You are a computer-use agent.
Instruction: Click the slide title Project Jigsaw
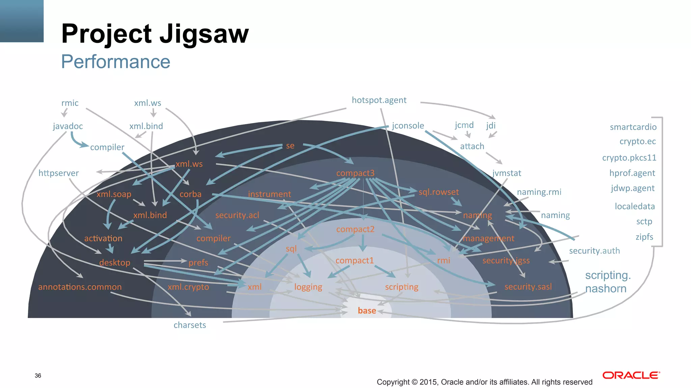(x=155, y=34)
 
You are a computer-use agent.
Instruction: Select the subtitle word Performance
(x=115, y=62)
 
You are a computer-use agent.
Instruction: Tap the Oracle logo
(x=631, y=375)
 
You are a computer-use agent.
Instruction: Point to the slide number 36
(x=38, y=376)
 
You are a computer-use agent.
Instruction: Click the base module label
(x=367, y=311)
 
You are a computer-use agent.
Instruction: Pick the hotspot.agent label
(x=379, y=100)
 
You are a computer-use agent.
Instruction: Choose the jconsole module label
(x=408, y=126)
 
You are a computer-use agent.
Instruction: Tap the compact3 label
(x=355, y=173)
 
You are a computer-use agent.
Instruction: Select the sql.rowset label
(x=438, y=192)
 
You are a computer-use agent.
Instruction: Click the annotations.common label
(x=80, y=287)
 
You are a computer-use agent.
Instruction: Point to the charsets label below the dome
(x=190, y=325)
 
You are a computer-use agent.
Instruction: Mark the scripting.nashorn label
(x=607, y=282)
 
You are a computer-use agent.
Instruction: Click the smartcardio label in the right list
(x=633, y=127)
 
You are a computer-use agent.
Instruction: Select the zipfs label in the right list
(x=644, y=237)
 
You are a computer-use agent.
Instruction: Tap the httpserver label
(x=58, y=173)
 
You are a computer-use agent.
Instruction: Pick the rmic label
(x=70, y=103)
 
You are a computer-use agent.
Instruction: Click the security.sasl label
(x=528, y=287)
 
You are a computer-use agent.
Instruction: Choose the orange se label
(x=290, y=146)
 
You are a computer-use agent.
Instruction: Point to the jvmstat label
(x=506, y=173)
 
